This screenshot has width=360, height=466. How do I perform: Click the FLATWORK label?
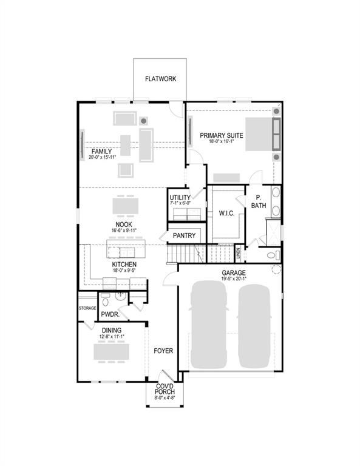click(x=160, y=79)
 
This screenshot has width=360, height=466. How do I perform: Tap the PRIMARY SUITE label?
click(x=222, y=135)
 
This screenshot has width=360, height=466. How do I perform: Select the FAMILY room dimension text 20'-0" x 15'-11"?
click(x=101, y=158)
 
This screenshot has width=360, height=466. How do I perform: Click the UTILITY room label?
click(x=180, y=198)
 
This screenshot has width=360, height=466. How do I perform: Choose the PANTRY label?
click(x=184, y=235)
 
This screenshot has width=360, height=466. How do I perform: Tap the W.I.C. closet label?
click(x=226, y=214)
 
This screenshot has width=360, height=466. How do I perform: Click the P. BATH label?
click(x=259, y=202)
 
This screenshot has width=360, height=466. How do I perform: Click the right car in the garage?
click(x=254, y=325)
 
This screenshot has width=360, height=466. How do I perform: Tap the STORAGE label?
click(x=87, y=308)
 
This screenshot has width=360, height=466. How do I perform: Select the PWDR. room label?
click(x=109, y=314)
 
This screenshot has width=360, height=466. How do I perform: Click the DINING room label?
click(x=111, y=330)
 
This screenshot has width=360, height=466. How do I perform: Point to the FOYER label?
click(x=163, y=351)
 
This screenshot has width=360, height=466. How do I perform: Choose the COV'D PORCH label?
click(x=165, y=390)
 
